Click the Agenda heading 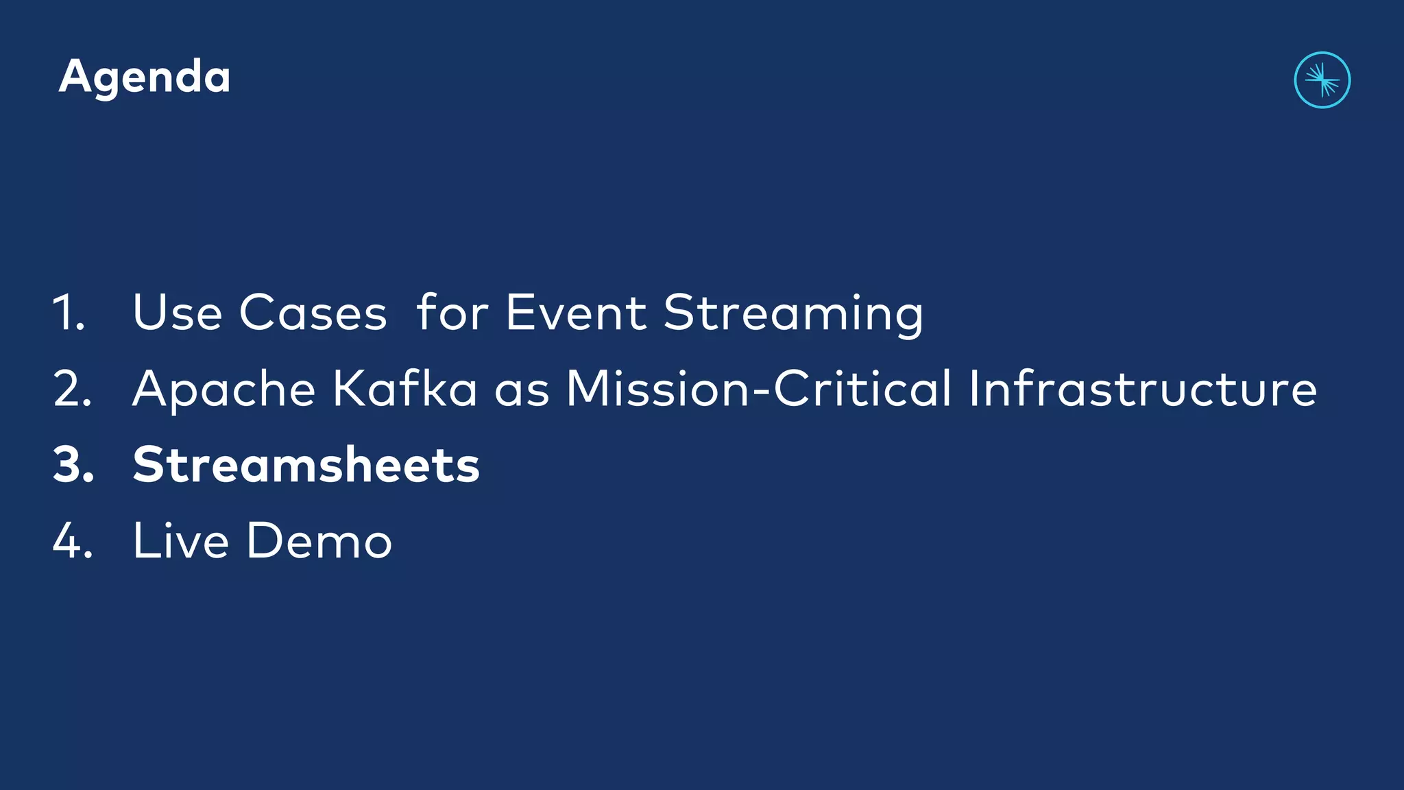(x=145, y=77)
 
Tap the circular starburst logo (x=1322, y=80)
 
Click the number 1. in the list (x=69, y=313)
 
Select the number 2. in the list (x=72, y=389)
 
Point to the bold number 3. (x=73, y=465)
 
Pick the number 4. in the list (x=73, y=541)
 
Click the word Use (x=178, y=313)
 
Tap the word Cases (x=313, y=313)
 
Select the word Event (x=576, y=313)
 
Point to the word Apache (x=223, y=390)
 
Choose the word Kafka (x=404, y=389)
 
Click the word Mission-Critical (x=758, y=388)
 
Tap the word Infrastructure (x=1142, y=389)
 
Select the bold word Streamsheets (x=306, y=465)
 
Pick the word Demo (x=319, y=541)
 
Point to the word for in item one (x=452, y=313)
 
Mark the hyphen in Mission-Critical (x=763, y=392)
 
